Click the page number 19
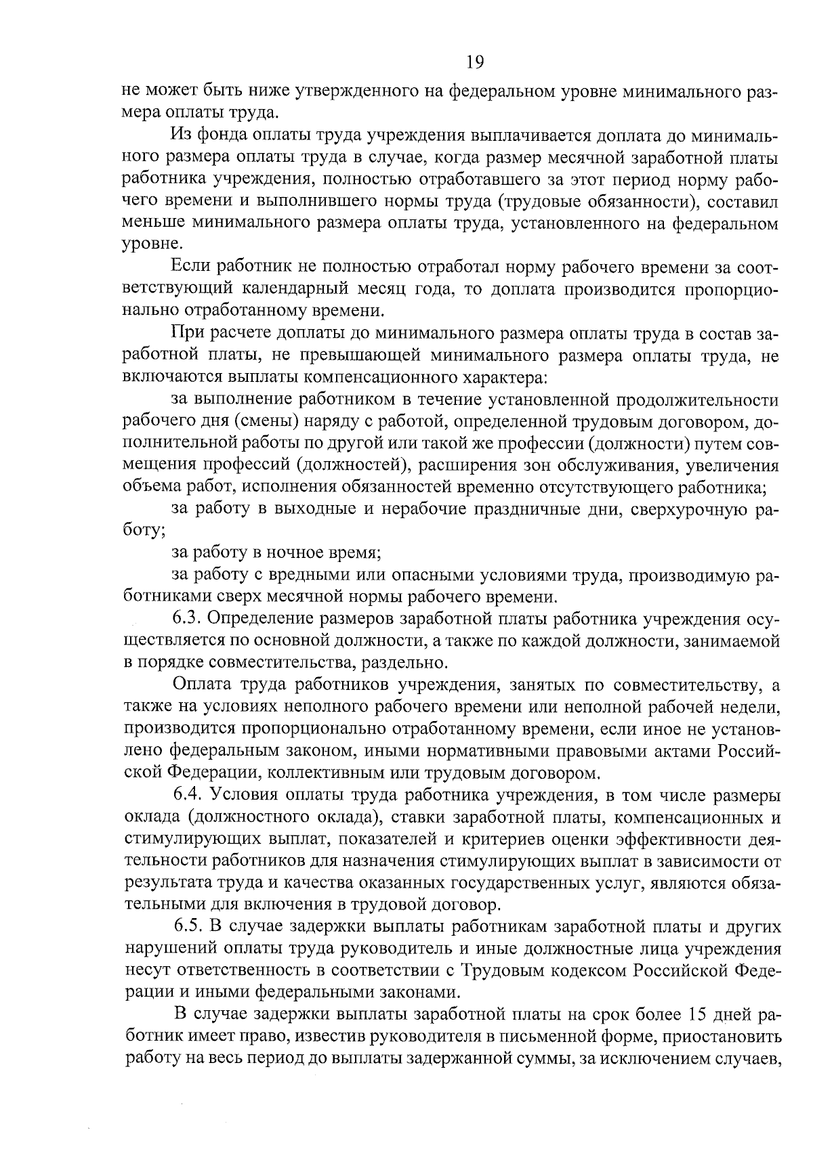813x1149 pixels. click(x=474, y=62)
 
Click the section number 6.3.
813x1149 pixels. click(x=188, y=618)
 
